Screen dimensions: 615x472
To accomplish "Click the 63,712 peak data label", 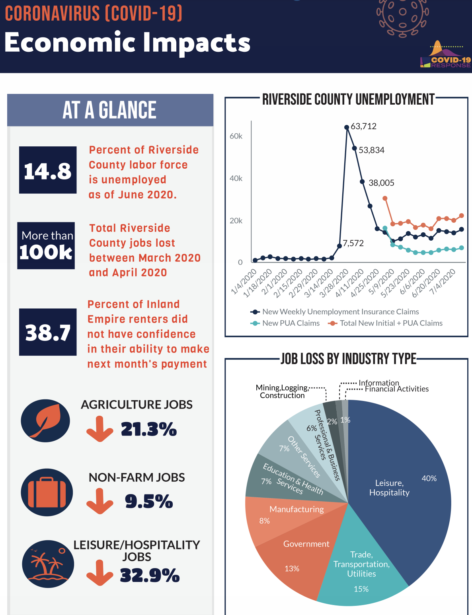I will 363,127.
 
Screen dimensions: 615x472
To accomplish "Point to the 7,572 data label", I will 353,243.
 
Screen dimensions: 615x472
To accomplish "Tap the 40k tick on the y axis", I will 236,178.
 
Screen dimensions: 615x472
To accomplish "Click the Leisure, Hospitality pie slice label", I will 389,488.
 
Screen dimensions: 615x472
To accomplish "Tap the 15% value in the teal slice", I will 361,589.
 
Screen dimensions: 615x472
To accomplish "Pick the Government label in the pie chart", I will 306,544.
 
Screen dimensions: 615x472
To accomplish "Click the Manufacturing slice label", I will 296,509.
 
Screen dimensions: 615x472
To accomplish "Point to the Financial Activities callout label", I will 396,389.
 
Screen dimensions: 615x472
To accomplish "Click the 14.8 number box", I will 48,170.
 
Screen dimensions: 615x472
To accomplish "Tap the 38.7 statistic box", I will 48,332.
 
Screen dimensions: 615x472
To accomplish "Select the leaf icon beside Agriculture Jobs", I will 45,420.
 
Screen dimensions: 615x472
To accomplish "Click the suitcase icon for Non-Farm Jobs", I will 47,492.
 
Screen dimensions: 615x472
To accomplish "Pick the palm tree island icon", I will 48,564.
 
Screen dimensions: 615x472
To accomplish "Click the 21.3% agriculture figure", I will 148,429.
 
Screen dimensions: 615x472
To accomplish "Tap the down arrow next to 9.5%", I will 99,501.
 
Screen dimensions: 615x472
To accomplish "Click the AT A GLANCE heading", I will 110,110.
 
